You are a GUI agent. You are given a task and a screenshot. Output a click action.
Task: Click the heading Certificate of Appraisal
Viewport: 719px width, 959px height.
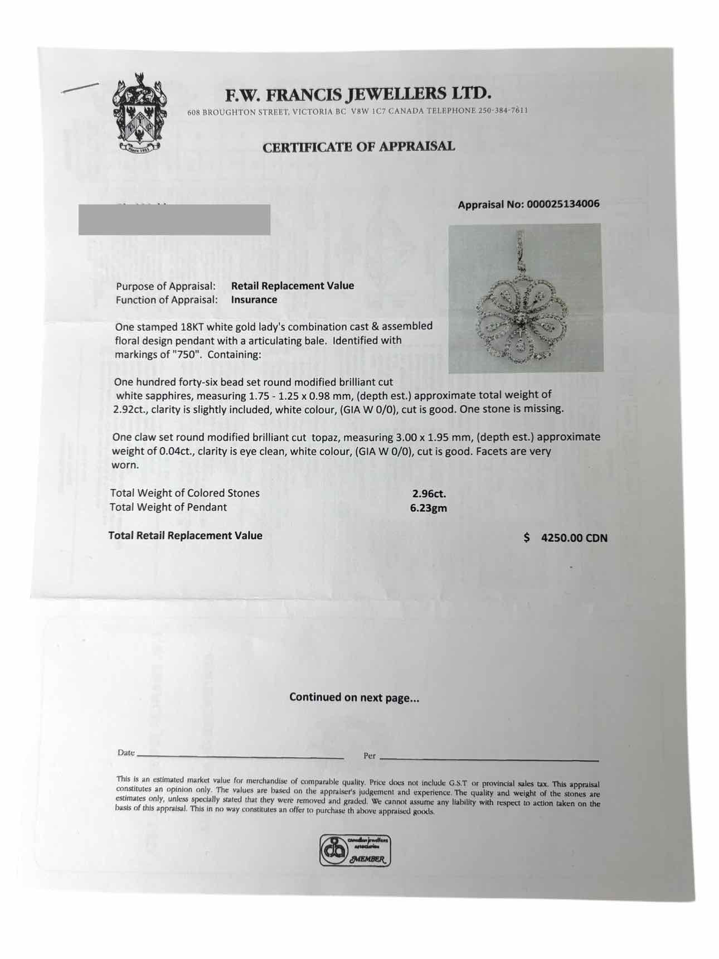click(x=358, y=147)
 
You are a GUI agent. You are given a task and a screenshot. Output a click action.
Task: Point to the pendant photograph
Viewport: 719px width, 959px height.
click(x=525, y=298)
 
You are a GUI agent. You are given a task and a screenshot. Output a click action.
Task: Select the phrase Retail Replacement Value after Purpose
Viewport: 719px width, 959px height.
click(x=293, y=285)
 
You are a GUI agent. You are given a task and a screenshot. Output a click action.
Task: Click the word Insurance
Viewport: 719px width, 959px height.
click(x=254, y=299)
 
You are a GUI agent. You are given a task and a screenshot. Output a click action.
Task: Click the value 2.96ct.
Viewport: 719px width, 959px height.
click(x=429, y=493)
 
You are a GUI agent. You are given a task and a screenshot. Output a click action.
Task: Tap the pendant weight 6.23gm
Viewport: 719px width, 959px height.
click(x=429, y=508)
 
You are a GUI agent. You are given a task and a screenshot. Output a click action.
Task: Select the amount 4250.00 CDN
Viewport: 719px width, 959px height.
click(x=574, y=538)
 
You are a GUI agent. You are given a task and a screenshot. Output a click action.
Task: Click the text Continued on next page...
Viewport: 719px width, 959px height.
click(x=354, y=697)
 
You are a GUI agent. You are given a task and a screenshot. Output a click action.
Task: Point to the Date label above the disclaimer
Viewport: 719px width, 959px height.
click(x=126, y=753)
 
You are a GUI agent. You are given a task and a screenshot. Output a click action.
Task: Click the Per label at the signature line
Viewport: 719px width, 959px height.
click(x=370, y=756)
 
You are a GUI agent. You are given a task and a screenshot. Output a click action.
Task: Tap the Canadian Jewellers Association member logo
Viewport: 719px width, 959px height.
click(x=355, y=850)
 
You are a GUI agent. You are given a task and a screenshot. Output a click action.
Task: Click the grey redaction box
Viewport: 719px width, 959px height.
click(x=174, y=220)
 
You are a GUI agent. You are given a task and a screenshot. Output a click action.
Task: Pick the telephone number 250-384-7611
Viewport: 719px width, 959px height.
click(x=503, y=110)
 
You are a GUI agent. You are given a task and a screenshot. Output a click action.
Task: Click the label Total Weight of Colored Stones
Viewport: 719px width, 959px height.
click(x=184, y=493)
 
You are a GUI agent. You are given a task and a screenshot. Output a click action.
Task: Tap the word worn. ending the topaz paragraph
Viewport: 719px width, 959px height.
click(x=125, y=465)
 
